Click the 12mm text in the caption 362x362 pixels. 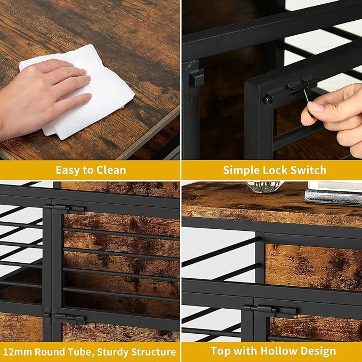click(x=17, y=352)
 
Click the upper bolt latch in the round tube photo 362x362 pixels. click(x=65, y=208)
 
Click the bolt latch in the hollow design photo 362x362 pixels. click(x=271, y=310)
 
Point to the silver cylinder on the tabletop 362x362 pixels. click(x=333, y=198)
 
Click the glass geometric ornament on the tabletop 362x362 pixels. click(x=266, y=187)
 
